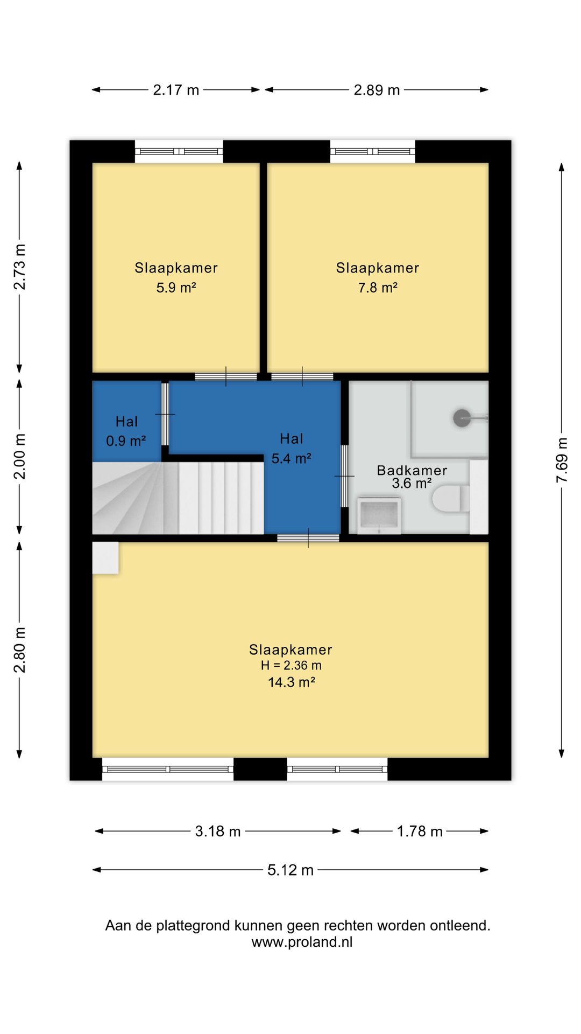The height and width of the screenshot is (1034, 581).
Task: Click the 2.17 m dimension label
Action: pos(176,90)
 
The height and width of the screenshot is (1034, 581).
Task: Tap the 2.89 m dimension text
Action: pos(377,90)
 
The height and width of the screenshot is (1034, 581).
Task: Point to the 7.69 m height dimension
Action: pos(562,460)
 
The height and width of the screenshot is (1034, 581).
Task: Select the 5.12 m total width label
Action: pos(290,870)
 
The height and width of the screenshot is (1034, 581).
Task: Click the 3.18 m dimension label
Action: pos(218,832)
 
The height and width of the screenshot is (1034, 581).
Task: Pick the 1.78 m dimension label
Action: pos(420,832)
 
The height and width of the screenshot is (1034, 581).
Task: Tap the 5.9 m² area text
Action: pos(176,288)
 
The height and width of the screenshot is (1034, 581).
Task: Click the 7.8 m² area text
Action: pos(378,288)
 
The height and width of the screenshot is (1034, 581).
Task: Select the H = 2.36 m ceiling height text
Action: pos(291,666)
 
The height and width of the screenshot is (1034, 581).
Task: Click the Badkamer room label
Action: pos(412,470)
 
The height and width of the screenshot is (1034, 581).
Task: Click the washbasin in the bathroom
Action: pos(379,515)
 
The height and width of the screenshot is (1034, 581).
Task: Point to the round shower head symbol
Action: pos(462,418)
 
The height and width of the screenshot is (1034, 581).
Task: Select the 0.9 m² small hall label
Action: pos(126,441)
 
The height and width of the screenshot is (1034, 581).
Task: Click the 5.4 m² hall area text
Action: pos(291,458)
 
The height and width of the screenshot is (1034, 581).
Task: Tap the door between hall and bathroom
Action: pos(344,476)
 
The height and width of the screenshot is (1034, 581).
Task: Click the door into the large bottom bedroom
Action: pos(308,537)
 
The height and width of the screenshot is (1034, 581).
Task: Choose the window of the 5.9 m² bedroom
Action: pos(179,151)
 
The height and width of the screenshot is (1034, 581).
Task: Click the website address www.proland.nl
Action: pos(302,942)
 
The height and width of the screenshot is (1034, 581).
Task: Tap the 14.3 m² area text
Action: pos(291,682)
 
